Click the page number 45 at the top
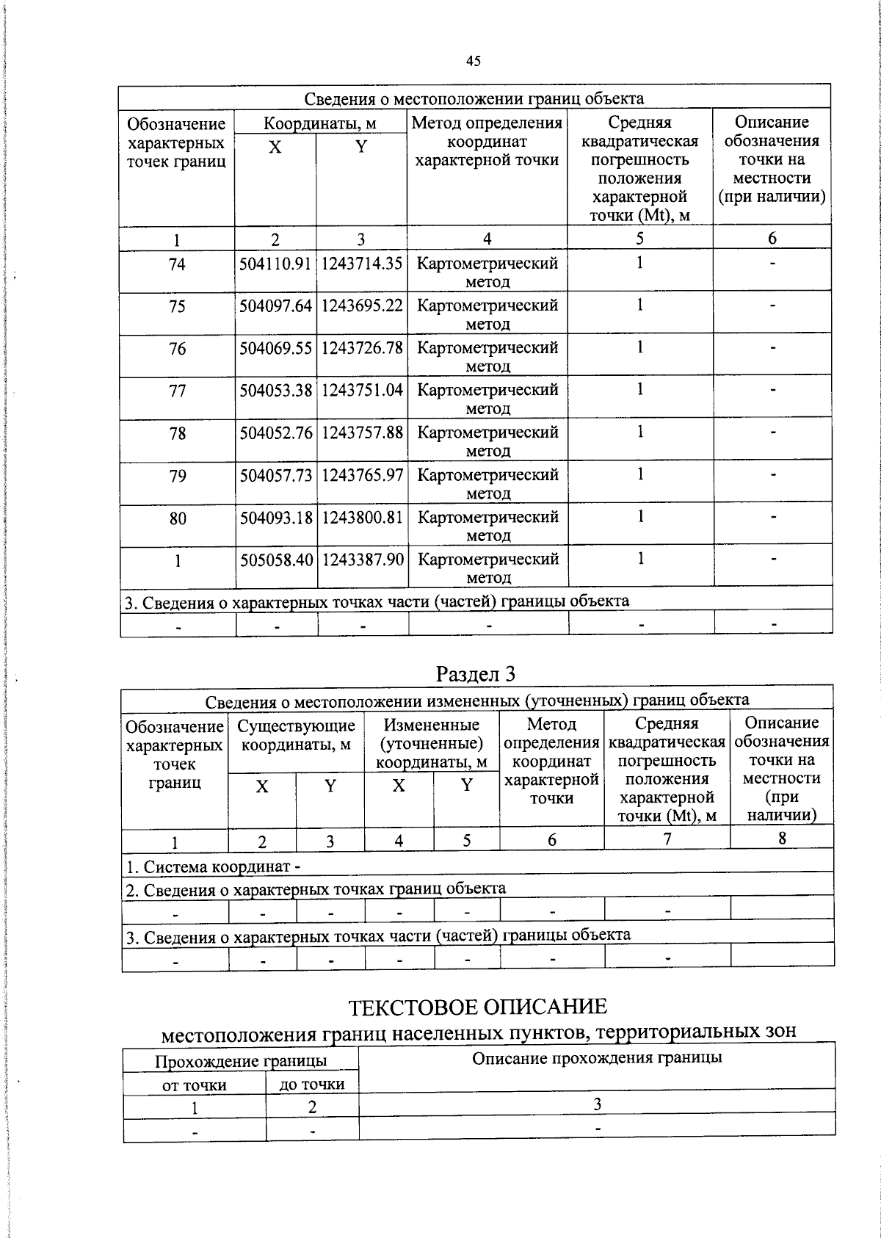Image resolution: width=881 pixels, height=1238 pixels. [x=474, y=61]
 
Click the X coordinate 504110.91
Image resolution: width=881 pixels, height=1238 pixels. [x=275, y=264]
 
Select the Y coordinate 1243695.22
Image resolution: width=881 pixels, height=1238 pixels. [x=362, y=305]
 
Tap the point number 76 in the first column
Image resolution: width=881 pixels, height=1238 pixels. [x=177, y=349]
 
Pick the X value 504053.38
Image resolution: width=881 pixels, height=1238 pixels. [x=275, y=390]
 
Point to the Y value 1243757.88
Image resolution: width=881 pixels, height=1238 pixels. [x=362, y=432]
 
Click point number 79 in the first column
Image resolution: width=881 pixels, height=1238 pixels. [x=177, y=476]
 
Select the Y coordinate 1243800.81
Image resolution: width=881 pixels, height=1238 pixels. [x=362, y=517]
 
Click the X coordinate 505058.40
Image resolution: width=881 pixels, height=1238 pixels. [x=276, y=560]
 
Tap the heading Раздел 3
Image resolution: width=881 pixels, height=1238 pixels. [x=476, y=673]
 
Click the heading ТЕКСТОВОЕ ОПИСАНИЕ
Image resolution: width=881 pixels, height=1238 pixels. [x=477, y=1006]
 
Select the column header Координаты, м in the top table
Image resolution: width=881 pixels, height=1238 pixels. [x=320, y=123]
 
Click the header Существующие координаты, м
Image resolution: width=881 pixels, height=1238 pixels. [x=296, y=735]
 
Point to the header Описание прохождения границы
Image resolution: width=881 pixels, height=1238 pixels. [x=596, y=1057]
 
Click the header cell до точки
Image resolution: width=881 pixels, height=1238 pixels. [x=312, y=1084]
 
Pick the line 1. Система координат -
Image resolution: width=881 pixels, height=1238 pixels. [x=213, y=866]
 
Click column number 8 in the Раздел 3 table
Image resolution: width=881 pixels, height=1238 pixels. [x=782, y=838]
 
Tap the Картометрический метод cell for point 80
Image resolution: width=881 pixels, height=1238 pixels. [x=487, y=526]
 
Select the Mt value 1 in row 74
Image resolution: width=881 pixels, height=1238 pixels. [x=639, y=263]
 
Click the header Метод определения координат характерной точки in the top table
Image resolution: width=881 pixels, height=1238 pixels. [x=487, y=141]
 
